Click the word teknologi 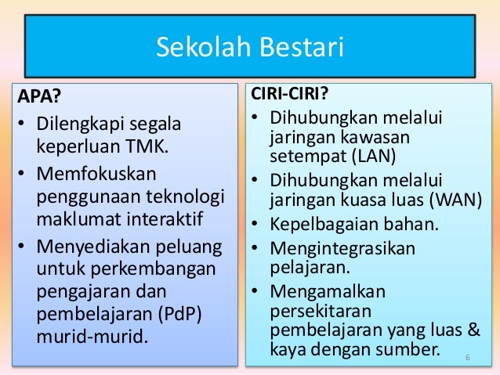pos(188,193)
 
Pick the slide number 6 pos(467,359)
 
